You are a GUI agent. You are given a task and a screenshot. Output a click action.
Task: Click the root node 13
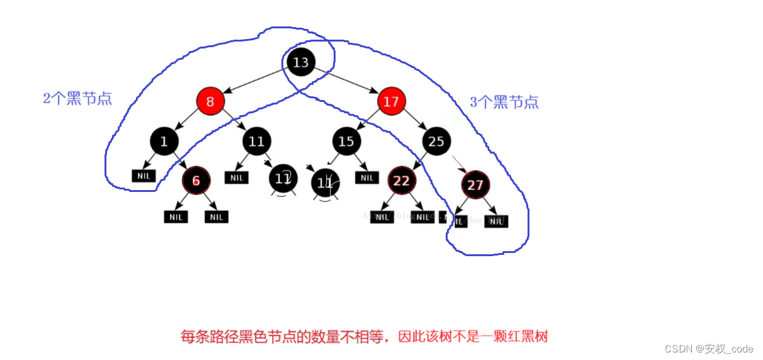[x=301, y=62]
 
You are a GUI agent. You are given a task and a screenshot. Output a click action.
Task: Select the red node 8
[x=210, y=101]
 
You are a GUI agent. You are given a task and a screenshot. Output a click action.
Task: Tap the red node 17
[x=391, y=101]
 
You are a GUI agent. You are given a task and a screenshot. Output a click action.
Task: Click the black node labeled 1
[x=164, y=142]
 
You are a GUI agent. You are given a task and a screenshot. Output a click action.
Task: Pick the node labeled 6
[x=196, y=181]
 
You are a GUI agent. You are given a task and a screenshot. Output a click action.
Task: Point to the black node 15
[x=346, y=142]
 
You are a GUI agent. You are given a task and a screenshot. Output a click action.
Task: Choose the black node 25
[x=436, y=142]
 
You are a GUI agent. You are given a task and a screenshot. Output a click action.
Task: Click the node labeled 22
[x=401, y=181]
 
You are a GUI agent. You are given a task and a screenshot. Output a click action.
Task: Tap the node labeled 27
[x=475, y=185]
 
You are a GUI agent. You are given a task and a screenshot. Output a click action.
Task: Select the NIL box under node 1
[x=144, y=176]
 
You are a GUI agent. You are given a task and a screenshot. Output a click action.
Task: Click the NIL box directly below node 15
[x=367, y=177]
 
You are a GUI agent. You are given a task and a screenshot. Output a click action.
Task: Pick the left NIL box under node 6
[x=176, y=217]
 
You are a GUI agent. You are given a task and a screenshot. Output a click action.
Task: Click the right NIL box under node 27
[x=496, y=221]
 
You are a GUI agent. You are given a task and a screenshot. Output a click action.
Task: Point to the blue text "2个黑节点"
[x=77, y=99]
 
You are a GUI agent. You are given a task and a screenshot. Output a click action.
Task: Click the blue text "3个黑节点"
[x=504, y=102]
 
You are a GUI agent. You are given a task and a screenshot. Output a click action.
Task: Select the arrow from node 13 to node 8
[x=255, y=81]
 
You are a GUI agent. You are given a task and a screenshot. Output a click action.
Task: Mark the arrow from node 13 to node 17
[x=346, y=81]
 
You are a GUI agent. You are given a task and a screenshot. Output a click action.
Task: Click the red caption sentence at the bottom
[x=364, y=337]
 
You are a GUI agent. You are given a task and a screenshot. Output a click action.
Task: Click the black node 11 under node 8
[x=256, y=142]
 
